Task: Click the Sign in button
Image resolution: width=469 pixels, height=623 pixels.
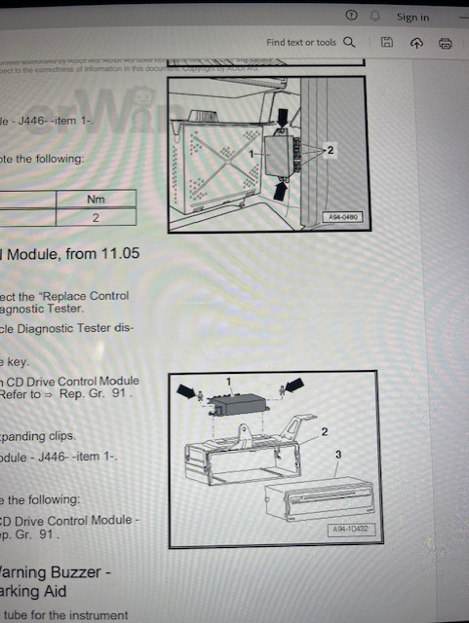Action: [x=412, y=17]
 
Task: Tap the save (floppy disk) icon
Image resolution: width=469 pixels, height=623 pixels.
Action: [x=387, y=43]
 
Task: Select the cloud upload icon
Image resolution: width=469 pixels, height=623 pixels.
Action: [x=416, y=43]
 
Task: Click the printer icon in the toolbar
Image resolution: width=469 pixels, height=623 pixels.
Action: [x=446, y=43]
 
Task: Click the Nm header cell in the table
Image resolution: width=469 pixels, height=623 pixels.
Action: [x=96, y=199]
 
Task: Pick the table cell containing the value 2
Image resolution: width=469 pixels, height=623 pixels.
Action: [x=96, y=218]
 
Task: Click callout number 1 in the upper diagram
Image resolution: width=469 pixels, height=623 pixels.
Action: [x=253, y=154]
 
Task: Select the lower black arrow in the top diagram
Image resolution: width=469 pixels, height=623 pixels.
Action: [x=282, y=192]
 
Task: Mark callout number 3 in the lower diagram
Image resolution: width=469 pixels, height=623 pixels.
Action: [x=336, y=455]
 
